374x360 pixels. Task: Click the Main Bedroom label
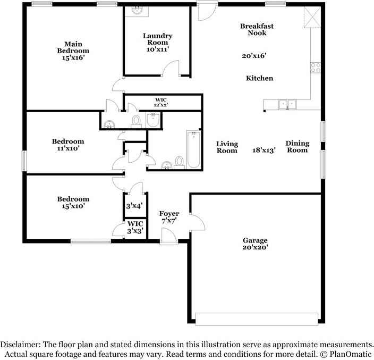click(73, 47)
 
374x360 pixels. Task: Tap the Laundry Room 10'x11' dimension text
click(158, 49)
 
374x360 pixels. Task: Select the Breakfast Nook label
click(257, 29)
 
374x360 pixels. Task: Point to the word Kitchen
click(259, 78)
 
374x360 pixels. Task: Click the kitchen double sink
click(287, 105)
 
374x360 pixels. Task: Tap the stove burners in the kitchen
click(316, 68)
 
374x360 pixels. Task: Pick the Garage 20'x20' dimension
click(255, 247)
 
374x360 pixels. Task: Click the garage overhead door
click(257, 319)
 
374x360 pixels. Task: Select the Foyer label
click(169, 213)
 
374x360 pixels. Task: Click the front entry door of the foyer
click(169, 236)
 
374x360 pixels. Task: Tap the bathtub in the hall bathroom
click(193, 149)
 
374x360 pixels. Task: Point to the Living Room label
click(227, 147)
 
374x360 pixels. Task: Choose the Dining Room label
click(297, 147)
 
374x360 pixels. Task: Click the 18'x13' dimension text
click(264, 150)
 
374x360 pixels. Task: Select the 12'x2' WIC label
click(161, 105)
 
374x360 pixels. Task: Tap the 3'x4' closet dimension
click(134, 206)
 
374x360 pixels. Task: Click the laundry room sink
click(137, 11)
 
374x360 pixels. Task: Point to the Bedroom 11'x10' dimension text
click(68, 148)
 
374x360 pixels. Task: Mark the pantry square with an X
click(312, 17)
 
